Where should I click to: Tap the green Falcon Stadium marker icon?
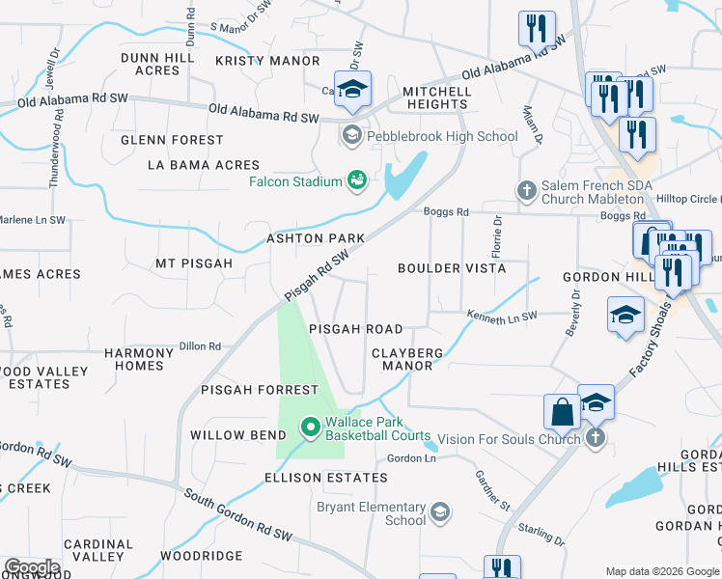click(358, 180)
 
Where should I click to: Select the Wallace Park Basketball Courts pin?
click(310, 426)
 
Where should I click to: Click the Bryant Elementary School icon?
click(441, 510)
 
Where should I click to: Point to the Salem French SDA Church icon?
click(526, 190)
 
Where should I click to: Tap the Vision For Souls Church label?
click(509, 438)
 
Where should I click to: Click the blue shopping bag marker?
click(562, 413)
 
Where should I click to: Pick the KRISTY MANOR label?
click(267, 61)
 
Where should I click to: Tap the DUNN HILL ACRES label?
click(157, 64)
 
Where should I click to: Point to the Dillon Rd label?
click(200, 346)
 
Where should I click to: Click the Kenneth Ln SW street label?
click(501, 316)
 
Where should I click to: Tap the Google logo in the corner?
click(32, 567)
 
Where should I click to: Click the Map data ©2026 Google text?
click(661, 571)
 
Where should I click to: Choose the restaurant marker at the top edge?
click(537, 28)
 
